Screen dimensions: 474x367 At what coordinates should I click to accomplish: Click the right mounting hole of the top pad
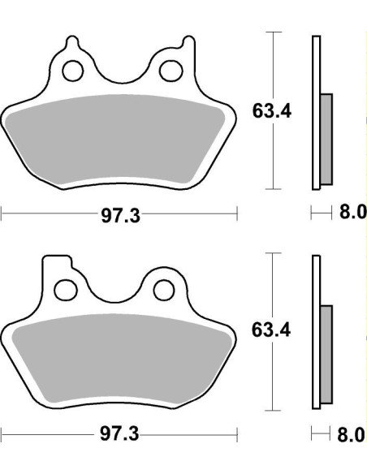pos(171,71)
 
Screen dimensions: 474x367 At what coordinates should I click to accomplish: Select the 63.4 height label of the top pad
pos(271,111)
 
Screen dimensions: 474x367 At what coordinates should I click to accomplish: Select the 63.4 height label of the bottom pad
pos(271,330)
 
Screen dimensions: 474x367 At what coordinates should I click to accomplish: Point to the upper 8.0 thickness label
pos(352,213)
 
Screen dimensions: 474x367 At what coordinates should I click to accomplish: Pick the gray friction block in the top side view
pos(327,138)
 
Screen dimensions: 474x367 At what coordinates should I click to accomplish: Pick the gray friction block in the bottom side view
pos(327,354)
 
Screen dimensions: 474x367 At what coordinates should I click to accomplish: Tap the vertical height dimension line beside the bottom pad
pos(275,381)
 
